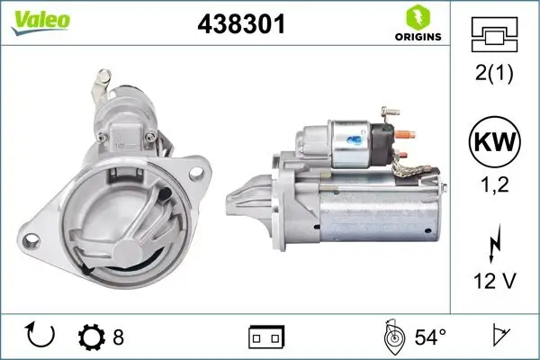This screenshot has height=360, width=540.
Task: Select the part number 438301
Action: [x=241, y=25]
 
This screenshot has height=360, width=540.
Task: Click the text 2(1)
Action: [x=494, y=74]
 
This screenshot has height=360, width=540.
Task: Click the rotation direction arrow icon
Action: [x=40, y=336]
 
